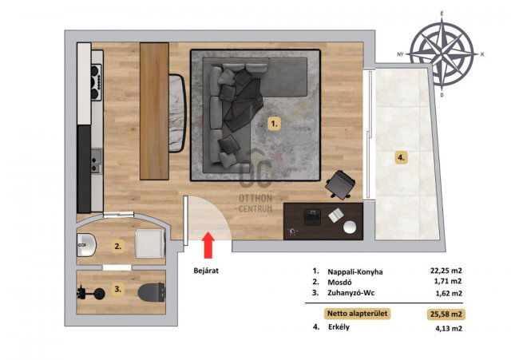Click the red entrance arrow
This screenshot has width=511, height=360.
click(208, 245)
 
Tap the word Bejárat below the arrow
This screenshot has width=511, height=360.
click(206, 271)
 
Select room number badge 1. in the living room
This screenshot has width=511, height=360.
click(275, 124)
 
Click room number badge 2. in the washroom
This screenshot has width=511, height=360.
click(118, 247)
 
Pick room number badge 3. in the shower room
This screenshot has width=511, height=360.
click(118, 289)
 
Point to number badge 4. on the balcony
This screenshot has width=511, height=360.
click(401, 158)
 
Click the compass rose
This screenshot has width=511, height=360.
click(442, 54)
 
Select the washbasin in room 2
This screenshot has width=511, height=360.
click(86, 245)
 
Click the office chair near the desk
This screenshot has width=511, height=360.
click(340, 184)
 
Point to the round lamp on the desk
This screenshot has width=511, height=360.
click(350, 227)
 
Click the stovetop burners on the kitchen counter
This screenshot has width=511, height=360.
click(97, 82)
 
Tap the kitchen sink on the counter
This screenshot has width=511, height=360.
click(96, 160)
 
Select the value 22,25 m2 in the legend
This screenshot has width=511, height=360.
click(446, 271)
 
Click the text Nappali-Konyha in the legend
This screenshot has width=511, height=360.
click(355, 271)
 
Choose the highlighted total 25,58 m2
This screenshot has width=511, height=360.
click(446, 315)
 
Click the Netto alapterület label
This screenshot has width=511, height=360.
click(358, 314)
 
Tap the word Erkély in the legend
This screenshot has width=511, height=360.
click(339, 327)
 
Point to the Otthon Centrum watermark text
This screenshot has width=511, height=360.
click(255, 203)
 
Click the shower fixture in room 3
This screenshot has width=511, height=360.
click(91, 293)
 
